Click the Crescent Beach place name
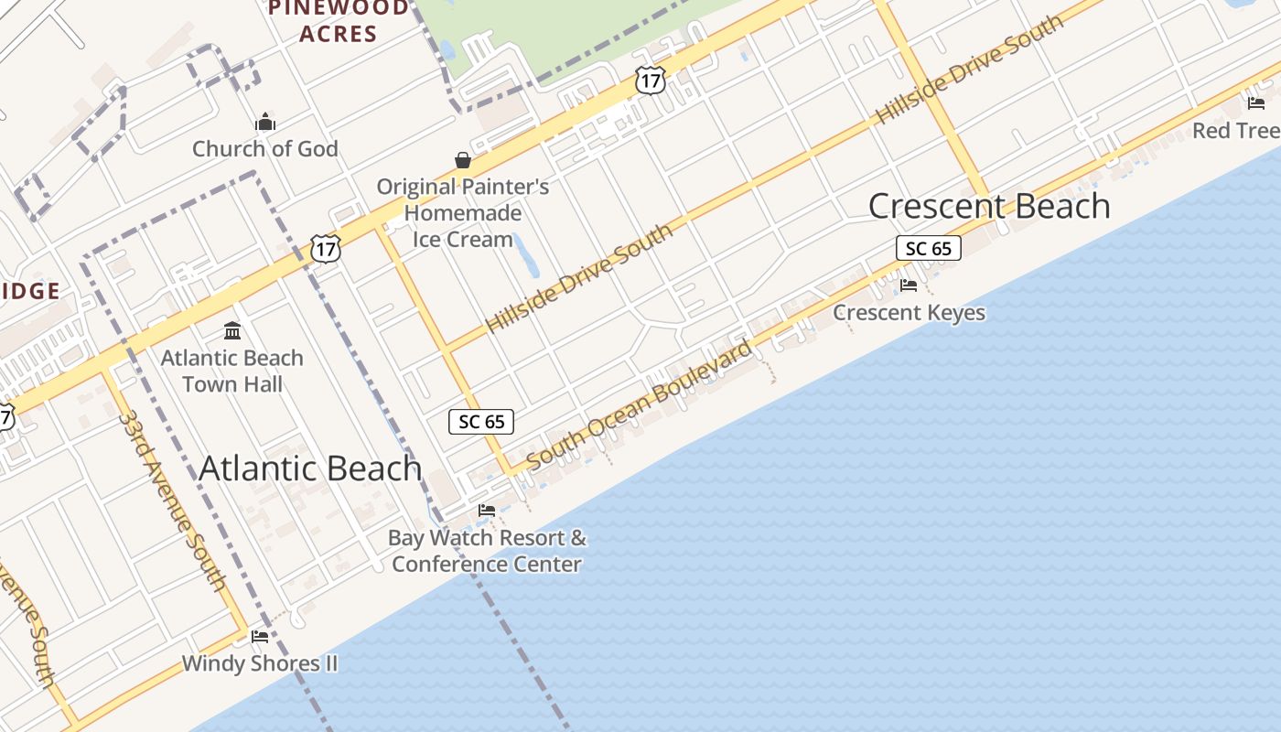pos(988,206)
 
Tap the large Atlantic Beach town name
pos(310,468)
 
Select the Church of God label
pos(264,148)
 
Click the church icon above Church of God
pos(265,122)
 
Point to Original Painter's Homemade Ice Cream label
pos(463,213)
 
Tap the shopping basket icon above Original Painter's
pos(463,160)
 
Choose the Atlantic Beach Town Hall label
pos(232,371)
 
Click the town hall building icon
pos(232,330)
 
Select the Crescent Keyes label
pos(909,313)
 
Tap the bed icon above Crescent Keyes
pos(909,285)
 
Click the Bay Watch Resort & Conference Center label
pos(488,551)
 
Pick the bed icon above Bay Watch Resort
pos(487,510)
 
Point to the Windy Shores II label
pos(260,663)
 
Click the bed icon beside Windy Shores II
pos(260,636)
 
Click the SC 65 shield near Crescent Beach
pos(929,248)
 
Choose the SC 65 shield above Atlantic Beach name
pos(481,422)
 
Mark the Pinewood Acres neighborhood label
pos(338,21)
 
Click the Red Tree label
pos(1235,131)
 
